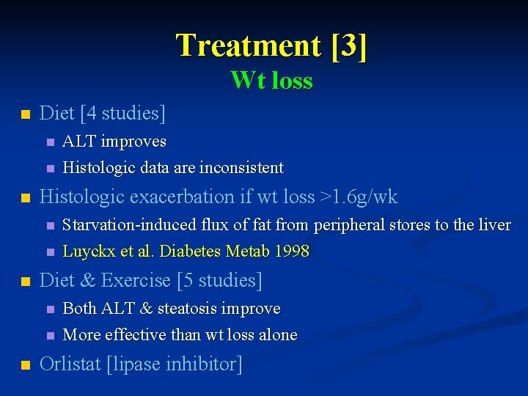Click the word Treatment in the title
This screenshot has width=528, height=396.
[x=248, y=45]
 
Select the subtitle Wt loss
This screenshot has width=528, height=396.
[x=271, y=79]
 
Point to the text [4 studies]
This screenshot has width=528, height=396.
[x=123, y=113]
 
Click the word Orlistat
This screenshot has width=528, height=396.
[x=70, y=364]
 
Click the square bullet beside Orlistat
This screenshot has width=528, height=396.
[x=25, y=364]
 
